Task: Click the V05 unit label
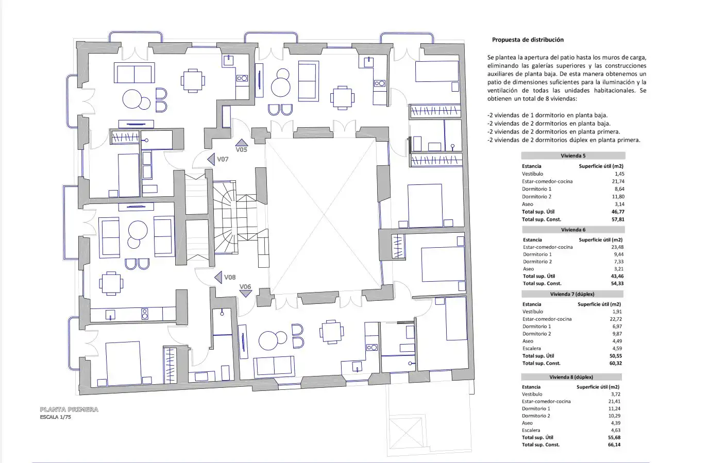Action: pos(241,149)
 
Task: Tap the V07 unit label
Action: pos(223,159)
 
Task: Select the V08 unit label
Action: pos(230,277)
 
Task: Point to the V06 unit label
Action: pos(245,286)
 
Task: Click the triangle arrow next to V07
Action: pos(211,159)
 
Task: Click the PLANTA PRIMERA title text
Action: pos(69,409)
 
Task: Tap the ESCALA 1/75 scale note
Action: pos(56,417)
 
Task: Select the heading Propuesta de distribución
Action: pos(528,40)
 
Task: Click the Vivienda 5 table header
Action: pos(573,156)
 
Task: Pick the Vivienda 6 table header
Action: pos(573,230)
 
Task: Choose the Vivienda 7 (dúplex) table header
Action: pos(572,294)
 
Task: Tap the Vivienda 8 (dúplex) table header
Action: pos(571,377)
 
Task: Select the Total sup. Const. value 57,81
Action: pos(618,219)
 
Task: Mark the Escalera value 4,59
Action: pos(617,348)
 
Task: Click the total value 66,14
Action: pos(614,444)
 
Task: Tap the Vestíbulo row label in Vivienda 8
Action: pos(532,394)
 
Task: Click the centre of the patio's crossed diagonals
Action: pos(324,215)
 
